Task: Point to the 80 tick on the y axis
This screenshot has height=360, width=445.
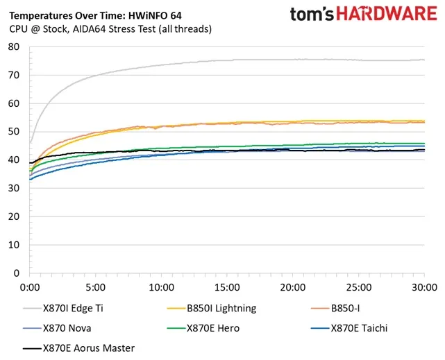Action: [x=15, y=47]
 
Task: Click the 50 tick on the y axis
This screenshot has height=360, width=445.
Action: [x=15, y=132]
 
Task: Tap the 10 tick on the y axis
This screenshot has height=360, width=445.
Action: [x=15, y=245]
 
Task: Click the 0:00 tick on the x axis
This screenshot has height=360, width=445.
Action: [x=30, y=286]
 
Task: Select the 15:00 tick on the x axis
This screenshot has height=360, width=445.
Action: [x=227, y=286]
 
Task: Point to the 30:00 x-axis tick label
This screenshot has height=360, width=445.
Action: [x=424, y=286]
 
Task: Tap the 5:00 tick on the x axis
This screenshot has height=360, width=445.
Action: [x=96, y=286]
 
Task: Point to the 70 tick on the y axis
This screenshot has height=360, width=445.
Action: [x=15, y=76]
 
